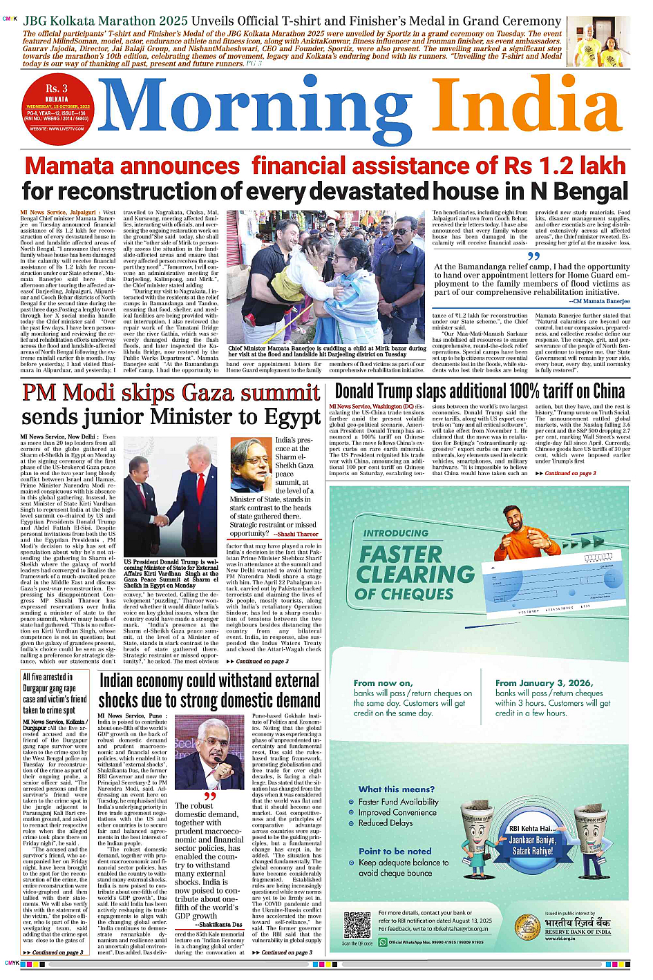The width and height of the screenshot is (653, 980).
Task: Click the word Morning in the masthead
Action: pyautogui.click(x=254, y=111)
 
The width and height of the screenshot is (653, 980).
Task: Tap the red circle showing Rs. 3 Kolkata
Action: pyautogui.click(x=57, y=104)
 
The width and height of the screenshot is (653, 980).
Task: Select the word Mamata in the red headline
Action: pyautogui.click(x=73, y=166)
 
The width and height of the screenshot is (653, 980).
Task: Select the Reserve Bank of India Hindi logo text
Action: pyautogui.click(x=578, y=923)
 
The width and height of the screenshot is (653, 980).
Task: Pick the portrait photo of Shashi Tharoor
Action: pyautogui.click(x=251, y=465)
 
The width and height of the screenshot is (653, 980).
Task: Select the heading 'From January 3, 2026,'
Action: pyautogui.click(x=544, y=682)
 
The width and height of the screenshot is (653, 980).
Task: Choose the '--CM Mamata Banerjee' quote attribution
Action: pyautogui.click(x=599, y=301)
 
